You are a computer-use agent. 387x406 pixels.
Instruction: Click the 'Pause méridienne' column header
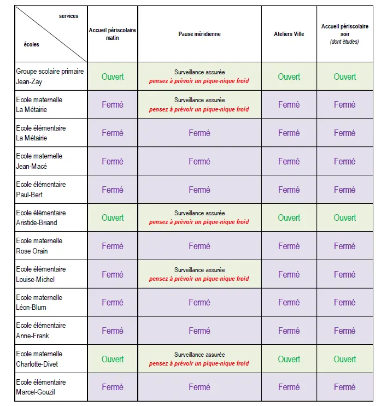click(200, 34)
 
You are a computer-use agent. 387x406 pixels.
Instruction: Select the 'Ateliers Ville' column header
click(289, 34)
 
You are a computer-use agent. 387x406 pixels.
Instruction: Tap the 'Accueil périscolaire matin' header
click(113, 34)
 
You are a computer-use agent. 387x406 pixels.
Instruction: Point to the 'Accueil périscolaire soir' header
click(345, 33)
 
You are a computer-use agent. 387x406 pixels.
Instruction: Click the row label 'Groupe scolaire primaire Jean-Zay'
click(50, 77)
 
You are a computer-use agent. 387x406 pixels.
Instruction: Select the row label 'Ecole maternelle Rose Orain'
click(39, 246)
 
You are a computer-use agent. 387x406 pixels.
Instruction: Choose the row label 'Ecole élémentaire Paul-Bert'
click(41, 190)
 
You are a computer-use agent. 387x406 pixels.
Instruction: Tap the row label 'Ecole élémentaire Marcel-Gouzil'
click(41, 387)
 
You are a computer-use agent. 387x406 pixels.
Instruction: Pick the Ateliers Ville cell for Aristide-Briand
click(289, 217)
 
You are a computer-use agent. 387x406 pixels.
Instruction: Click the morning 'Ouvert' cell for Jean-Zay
click(113, 77)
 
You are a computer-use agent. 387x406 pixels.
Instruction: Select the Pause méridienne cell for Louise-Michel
click(200, 274)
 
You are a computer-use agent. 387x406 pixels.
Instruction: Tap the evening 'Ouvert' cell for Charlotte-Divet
click(345, 359)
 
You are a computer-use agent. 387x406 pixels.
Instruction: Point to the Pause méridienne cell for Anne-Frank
click(200, 331)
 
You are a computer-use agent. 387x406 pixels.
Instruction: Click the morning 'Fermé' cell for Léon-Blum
click(113, 302)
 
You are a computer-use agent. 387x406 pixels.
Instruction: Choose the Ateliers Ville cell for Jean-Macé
click(289, 161)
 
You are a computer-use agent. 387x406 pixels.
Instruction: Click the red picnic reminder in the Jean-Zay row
click(199, 81)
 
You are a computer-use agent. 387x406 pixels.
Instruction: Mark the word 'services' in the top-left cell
click(69, 16)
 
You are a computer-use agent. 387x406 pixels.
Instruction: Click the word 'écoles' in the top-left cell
click(32, 45)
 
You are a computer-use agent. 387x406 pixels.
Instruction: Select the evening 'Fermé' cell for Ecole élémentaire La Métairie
click(345, 133)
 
